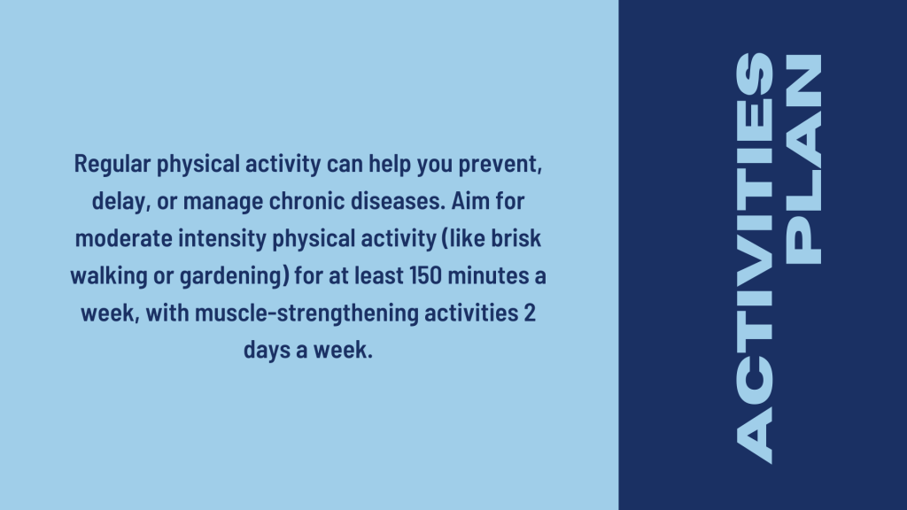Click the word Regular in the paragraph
(x=112, y=165)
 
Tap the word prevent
(x=500, y=164)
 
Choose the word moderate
(x=123, y=237)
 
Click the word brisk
(x=516, y=237)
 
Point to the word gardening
(x=234, y=276)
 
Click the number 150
(x=425, y=275)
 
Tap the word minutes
(x=489, y=275)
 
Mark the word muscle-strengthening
(x=306, y=313)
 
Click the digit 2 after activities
(x=530, y=313)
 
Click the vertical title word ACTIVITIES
(x=755, y=258)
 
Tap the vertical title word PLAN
(x=802, y=159)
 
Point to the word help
(x=391, y=165)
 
